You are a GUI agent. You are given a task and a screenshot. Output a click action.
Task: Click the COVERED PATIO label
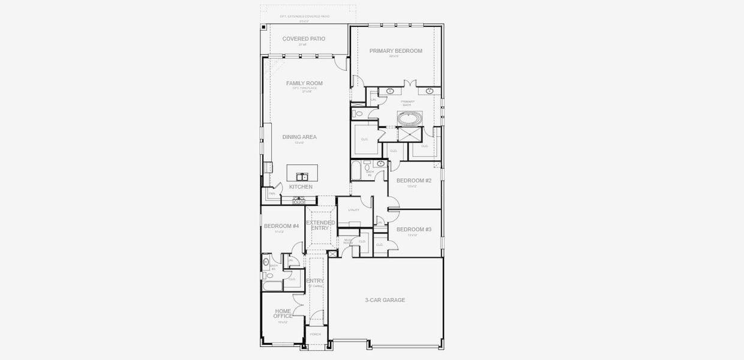coord(304,39)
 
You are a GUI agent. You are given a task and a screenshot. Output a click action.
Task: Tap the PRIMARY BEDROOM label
coord(395,51)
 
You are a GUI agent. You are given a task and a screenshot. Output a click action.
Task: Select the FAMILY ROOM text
coord(304,83)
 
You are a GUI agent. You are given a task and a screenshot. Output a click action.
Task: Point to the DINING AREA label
coord(299,137)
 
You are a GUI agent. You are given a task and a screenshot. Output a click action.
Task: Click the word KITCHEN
coord(301,187)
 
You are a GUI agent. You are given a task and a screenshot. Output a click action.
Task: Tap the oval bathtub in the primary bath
coord(410,118)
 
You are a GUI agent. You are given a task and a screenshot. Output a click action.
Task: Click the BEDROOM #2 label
coord(414,181)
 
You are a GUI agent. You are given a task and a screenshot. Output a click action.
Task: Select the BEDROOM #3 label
coord(414,230)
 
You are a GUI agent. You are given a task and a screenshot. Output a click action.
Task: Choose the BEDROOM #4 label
coord(281,226)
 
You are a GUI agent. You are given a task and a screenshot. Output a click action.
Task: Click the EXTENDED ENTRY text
coord(320,225)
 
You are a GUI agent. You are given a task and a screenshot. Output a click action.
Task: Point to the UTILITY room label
coord(353,210)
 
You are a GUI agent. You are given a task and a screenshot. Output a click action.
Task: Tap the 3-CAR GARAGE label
coord(385,300)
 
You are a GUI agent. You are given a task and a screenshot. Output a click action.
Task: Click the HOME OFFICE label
coord(283,313)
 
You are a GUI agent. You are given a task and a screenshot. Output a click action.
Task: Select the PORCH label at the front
coord(315,334)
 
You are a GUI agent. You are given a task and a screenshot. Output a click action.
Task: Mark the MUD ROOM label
coord(348,241)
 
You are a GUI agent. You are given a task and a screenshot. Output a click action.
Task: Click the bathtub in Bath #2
coord(355,170)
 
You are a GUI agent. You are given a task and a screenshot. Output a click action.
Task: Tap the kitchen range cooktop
coord(298,202)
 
